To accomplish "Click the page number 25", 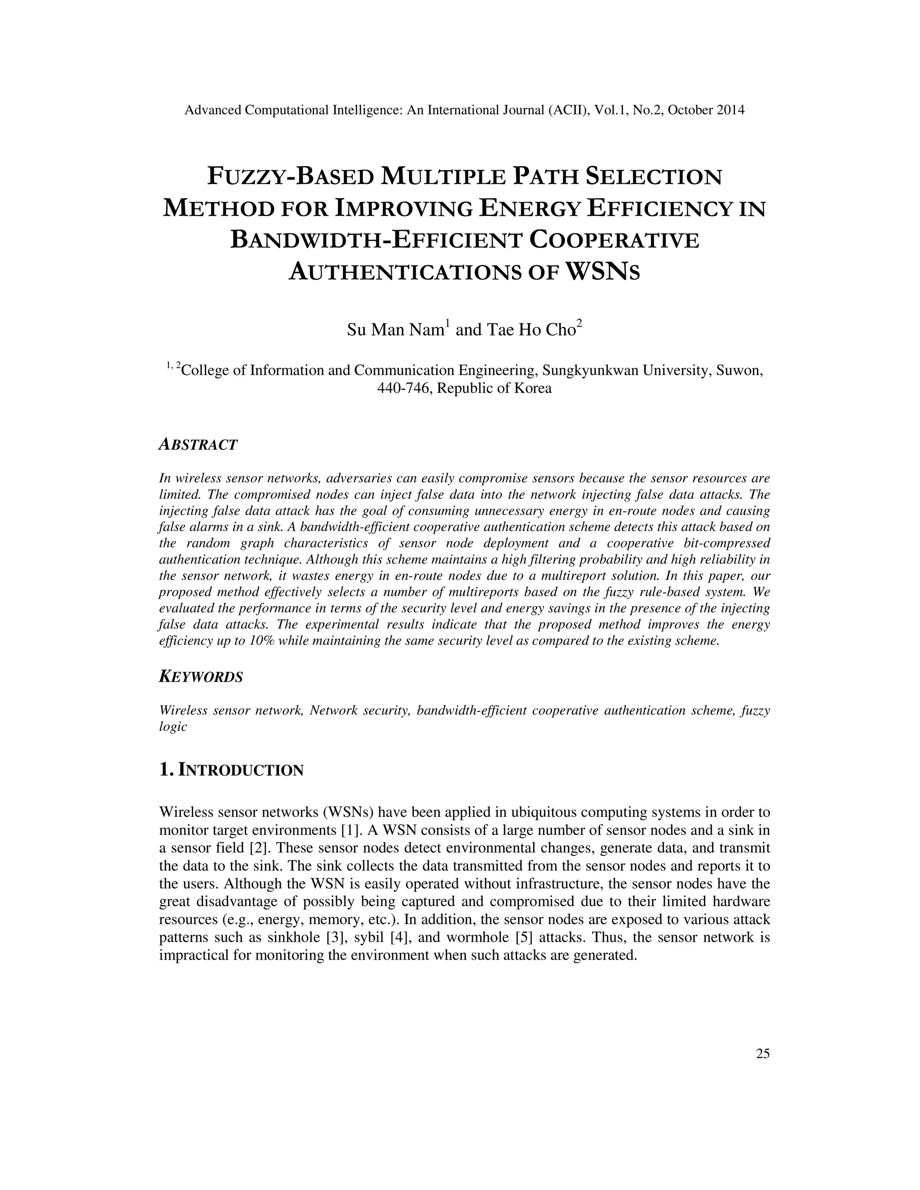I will (762, 1054).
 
